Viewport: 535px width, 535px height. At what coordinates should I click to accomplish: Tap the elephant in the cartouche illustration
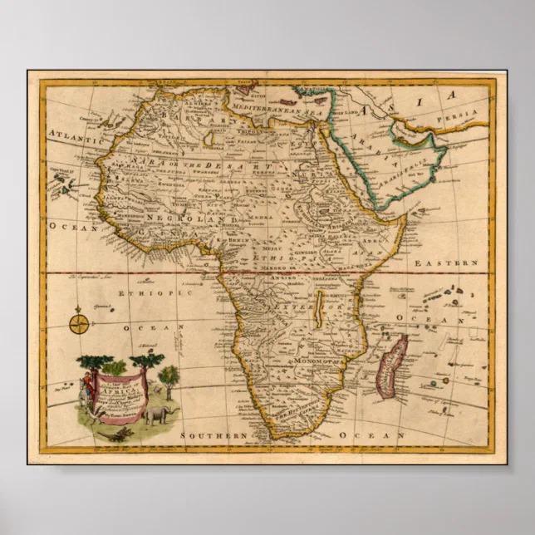click(x=156, y=415)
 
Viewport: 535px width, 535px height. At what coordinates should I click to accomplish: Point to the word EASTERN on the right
click(x=454, y=263)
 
